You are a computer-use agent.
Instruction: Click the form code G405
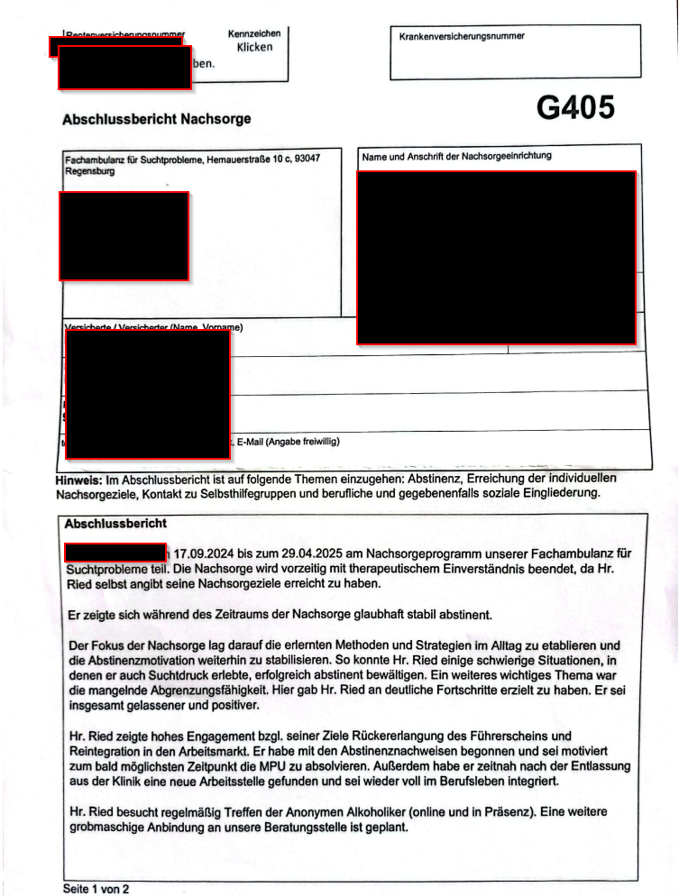pos(575,108)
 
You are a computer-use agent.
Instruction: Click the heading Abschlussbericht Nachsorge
pos(156,119)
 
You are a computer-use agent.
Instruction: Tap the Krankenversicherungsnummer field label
pos(462,37)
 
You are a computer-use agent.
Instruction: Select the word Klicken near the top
pos(254,47)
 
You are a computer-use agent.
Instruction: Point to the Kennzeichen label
pos(254,33)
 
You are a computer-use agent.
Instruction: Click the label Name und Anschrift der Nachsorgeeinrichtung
pos(456,157)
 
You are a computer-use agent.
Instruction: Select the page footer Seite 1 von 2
pos(96,889)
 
